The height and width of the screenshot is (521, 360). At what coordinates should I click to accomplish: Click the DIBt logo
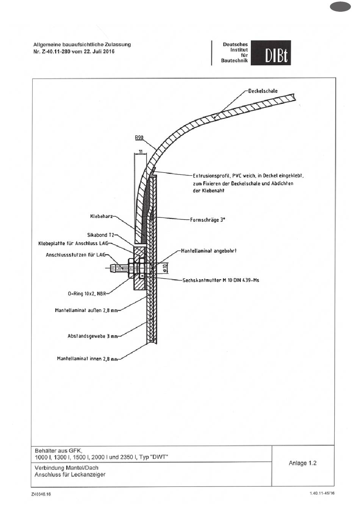click(x=271, y=53)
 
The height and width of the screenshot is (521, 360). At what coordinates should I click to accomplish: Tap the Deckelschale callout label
click(x=263, y=91)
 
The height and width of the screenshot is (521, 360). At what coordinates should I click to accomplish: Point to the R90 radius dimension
click(x=139, y=138)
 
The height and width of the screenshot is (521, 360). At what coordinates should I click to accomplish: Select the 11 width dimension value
click(x=141, y=151)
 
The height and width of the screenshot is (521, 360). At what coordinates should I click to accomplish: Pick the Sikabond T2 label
click(x=101, y=235)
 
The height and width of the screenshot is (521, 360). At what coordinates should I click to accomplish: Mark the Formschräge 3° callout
click(x=208, y=220)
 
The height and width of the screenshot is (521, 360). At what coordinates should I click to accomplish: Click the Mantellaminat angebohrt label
click(x=209, y=251)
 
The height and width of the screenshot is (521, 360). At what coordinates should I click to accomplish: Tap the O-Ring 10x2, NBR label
click(x=87, y=293)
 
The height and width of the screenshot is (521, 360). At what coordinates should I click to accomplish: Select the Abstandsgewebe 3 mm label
click(x=92, y=336)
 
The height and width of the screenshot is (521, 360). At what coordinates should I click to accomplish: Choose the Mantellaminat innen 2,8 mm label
click(x=87, y=359)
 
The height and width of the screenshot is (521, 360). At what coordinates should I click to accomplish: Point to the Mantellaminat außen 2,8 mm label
click(x=86, y=310)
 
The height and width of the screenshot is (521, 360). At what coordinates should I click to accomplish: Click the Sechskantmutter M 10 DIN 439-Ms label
click(x=221, y=280)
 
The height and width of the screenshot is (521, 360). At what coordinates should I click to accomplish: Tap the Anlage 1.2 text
click(x=303, y=463)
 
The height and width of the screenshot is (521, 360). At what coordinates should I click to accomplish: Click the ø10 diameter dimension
click(x=164, y=268)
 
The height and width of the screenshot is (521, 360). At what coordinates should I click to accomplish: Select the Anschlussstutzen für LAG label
click(x=76, y=255)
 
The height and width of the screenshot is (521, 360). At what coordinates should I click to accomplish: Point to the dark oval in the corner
click(x=340, y=7)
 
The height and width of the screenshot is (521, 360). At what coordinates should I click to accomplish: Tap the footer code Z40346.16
click(x=41, y=494)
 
